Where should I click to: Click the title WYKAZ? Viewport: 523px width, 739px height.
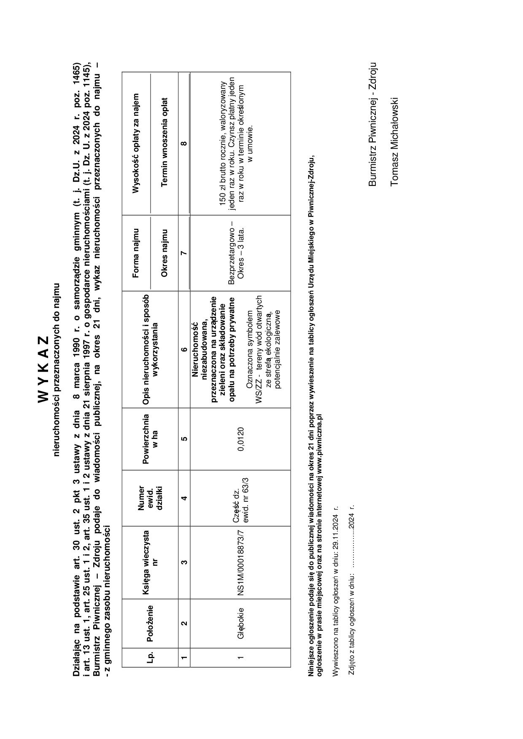coord(44,369)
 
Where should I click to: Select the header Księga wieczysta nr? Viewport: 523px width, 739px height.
coord(149,562)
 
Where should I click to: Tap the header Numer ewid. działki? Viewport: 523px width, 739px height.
coord(150,498)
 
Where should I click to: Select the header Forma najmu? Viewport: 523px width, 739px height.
coord(136,253)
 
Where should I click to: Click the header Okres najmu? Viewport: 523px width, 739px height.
coord(164,253)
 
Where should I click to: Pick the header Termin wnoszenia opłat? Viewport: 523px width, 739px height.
coord(164,142)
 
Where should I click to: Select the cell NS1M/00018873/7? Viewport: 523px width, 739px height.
coord(240,562)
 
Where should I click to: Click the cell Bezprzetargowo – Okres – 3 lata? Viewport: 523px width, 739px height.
coord(236,253)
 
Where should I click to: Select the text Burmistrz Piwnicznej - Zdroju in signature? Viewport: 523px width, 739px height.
coord(372,124)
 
